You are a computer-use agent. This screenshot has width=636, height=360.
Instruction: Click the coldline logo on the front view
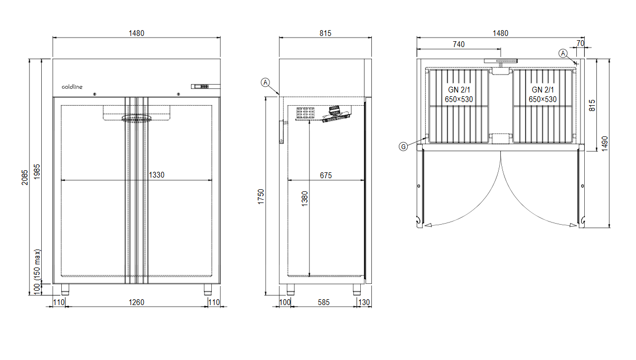pyautogui.click(x=72, y=87)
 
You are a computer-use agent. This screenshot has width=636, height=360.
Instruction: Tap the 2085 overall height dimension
pyautogui.click(x=25, y=177)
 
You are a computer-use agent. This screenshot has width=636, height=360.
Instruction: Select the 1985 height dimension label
pyautogui.click(x=37, y=172)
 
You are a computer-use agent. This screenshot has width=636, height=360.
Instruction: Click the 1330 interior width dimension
pyautogui.click(x=157, y=175)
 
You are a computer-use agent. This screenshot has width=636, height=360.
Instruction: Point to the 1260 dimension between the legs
pyautogui.click(x=137, y=302)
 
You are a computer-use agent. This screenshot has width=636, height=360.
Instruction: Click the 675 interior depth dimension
pyautogui.click(x=326, y=176)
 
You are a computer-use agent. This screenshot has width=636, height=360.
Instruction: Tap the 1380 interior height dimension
pyautogui.click(x=304, y=199)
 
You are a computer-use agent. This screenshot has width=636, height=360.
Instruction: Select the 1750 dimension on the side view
pyautogui.click(x=261, y=197)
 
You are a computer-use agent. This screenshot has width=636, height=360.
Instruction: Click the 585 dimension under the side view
pyautogui.click(x=324, y=302)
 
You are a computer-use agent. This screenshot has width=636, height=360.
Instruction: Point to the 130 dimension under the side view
pyautogui.click(x=364, y=302)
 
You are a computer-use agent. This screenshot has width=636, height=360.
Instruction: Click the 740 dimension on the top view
pyautogui.click(x=459, y=44)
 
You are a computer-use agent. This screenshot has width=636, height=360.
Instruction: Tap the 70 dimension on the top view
pyautogui.click(x=581, y=43)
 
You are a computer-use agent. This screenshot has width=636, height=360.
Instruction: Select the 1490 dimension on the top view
pyautogui.click(x=605, y=143)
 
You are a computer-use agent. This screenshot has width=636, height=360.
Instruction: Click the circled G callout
pyautogui.click(x=403, y=146)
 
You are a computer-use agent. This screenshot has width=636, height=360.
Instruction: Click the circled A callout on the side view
pyautogui.click(x=265, y=82)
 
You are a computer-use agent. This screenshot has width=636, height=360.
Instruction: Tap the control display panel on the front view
pyautogui.click(x=205, y=86)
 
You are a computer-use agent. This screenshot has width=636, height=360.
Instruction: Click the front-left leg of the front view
pyautogui.click(x=66, y=289)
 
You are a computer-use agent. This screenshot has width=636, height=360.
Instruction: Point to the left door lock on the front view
pyautogui.click(x=95, y=94)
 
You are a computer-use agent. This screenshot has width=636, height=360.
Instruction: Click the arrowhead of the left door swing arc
pyautogui.click(x=428, y=225)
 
